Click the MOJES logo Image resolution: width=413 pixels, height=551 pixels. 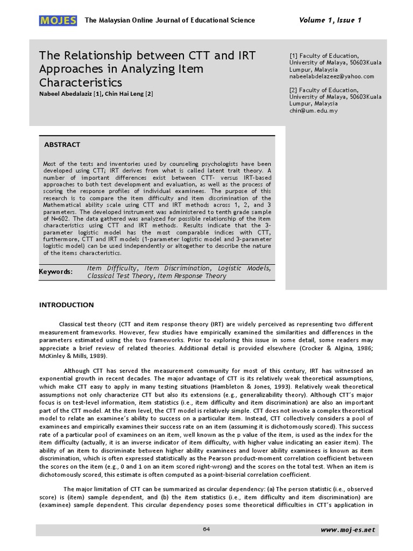[x=59, y=20]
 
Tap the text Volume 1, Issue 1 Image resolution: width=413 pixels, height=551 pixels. [x=330, y=20]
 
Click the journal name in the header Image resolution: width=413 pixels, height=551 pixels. [x=170, y=20]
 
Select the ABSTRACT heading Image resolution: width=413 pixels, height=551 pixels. [x=62, y=145]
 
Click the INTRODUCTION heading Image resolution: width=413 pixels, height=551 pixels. [x=66, y=305]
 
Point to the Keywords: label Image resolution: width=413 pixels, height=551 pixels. [x=55, y=272]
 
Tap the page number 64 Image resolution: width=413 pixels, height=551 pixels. [x=206, y=529]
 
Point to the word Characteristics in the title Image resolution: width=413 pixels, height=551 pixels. [x=81, y=82]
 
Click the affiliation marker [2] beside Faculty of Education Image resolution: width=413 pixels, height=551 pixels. [x=293, y=90]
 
